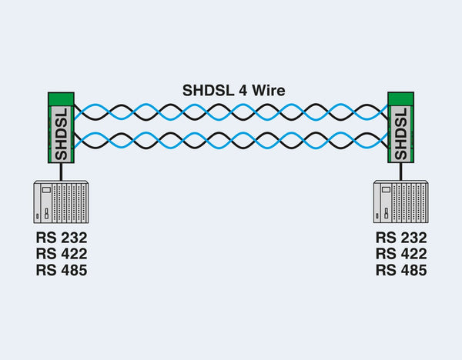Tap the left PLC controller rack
[62, 203]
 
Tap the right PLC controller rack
[400, 203]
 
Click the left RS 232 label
[62, 237]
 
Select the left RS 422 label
[62, 253]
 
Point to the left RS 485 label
[62, 270]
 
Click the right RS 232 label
[401, 237]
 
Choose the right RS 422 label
[401, 253]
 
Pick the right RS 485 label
[401, 270]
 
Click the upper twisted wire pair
[231, 112]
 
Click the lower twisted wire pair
[231, 141]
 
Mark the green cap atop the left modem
[62, 99]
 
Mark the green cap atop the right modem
[401, 99]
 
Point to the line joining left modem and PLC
[62, 172]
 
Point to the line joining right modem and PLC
[400, 172]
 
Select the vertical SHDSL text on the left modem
[62, 134]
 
